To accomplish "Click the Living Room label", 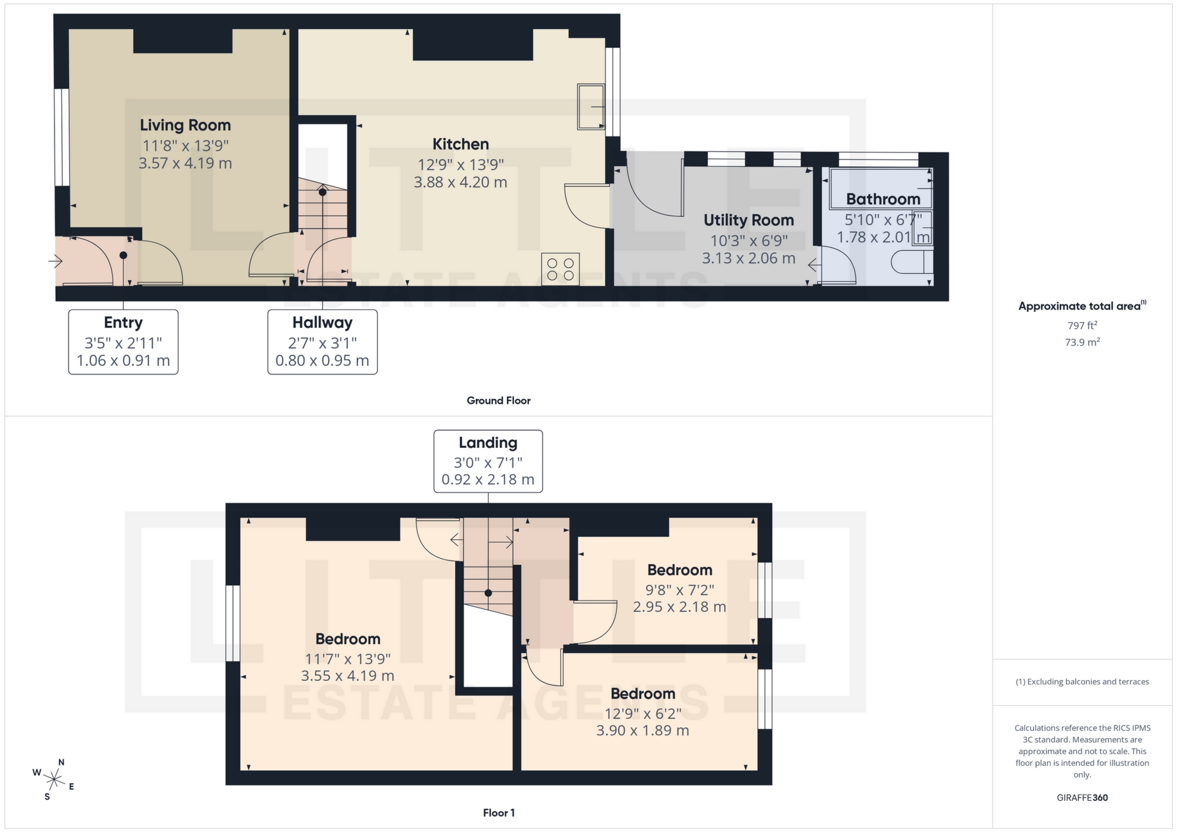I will pyautogui.click(x=185, y=125).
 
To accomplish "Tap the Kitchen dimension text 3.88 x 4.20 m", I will pyautogui.click(x=460, y=182).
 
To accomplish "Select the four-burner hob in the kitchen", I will pyautogui.click(x=560, y=269).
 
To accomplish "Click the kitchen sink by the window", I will pyautogui.click(x=590, y=107).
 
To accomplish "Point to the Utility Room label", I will pyautogui.click(x=748, y=220).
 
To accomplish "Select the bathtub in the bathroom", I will pyautogui.click(x=880, y=189).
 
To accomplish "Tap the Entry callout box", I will pyautogui.click(x=123, y=341).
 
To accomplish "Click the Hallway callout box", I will pyautogui.click(x=322, y=341).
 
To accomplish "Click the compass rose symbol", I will pyautogui.click(x=54, y=779).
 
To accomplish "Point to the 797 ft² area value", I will pyautogui.click(x=1082, y=325).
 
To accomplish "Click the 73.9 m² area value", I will pyautogui.click(x=1082, y=342).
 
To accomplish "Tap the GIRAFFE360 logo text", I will pyautogui.click(x=1082, y=798).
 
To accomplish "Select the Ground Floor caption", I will pyautogui.click(x=498, y=400).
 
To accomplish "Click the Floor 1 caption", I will pyautogui.click(x=498, y=813).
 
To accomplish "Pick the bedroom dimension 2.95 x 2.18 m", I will pyautogui.click(x=679, y=607).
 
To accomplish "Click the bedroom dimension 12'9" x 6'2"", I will pyautogui.click(x=642, y=714).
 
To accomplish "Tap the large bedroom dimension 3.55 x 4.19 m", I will pyautogui.click(x=348, y=676).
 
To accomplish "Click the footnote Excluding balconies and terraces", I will pyautogui.click(x=1082, y=682).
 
